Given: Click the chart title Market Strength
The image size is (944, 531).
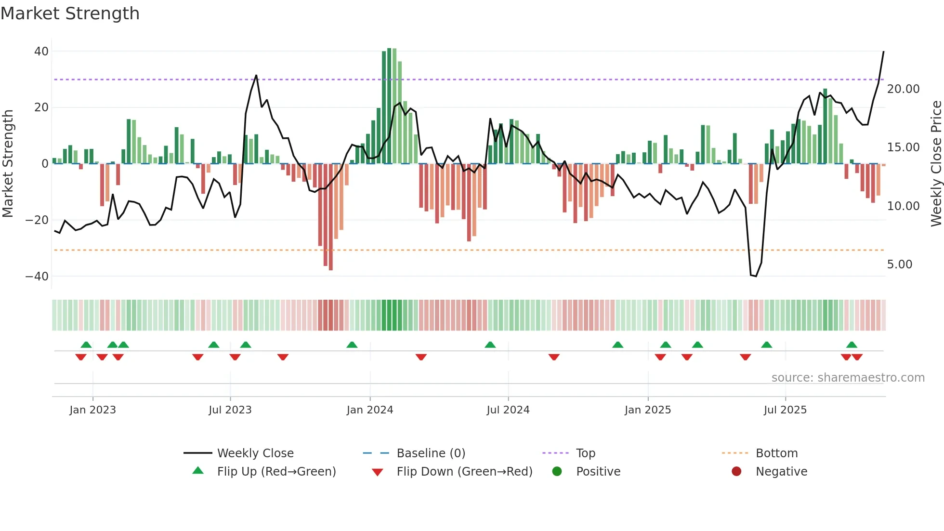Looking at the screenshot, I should point(70,13).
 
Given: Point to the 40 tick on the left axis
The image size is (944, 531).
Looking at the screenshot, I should point(41,52).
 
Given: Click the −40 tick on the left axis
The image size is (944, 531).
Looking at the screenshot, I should point(37,277).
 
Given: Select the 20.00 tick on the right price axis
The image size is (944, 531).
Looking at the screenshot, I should point(903,89).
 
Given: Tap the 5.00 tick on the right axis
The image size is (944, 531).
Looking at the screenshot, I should point(899,265).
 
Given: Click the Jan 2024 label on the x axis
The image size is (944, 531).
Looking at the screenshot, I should point(369,410).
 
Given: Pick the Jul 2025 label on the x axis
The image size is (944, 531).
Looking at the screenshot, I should point(785,410).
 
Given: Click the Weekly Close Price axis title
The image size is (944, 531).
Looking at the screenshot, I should point(936,164).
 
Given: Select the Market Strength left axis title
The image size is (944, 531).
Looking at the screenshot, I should point(8,164).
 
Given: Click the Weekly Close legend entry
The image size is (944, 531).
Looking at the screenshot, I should point(255,453).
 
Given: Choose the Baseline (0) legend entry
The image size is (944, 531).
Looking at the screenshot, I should point(431,453).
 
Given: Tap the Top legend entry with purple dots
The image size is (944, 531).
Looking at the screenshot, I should point(585,453).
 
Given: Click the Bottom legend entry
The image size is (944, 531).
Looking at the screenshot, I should point(776,453).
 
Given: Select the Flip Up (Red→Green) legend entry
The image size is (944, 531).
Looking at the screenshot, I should point(276,472).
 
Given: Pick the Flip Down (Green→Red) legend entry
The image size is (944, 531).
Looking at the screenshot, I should point(464,472).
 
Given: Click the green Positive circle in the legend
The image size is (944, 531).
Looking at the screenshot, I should point(557,472).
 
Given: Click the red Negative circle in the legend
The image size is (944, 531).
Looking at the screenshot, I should point(736,472).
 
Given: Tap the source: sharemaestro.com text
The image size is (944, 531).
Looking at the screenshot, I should point(848,378).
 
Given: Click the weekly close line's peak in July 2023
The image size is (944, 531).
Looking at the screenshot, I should point(256,76).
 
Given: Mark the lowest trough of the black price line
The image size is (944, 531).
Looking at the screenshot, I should point(756,276).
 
